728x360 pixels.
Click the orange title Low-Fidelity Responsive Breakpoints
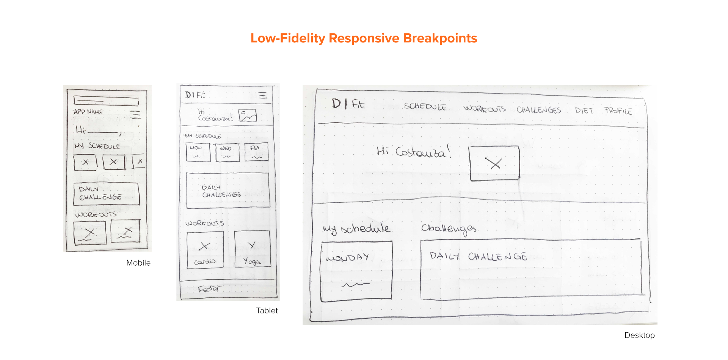364,38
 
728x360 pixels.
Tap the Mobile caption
138,263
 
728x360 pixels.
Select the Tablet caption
267,310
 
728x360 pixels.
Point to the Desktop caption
639,335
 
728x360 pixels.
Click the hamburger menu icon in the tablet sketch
263,95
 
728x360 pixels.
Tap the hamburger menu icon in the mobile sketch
135,114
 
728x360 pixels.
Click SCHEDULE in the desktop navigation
425,106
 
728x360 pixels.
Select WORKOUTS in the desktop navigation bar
485,109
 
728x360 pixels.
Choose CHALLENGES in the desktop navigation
538,110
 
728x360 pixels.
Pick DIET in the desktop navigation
584,110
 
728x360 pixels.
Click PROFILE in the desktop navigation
618,111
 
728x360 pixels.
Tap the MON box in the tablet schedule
198,152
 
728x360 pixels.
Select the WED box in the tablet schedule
227,152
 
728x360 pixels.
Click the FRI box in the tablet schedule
256,152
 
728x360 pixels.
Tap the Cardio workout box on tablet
205,250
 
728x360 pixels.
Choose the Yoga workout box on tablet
252,249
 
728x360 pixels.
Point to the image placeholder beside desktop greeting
494,163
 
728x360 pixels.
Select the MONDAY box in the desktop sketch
356,271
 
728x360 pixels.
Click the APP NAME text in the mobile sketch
88,112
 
